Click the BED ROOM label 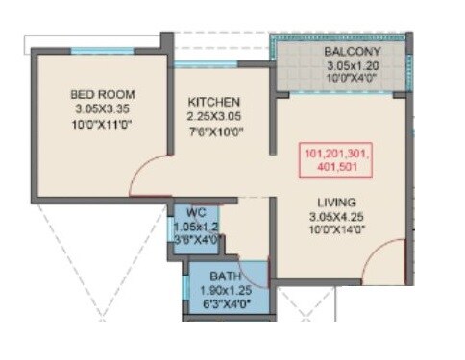pos(103,94)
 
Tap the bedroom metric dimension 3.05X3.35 pos(103,109)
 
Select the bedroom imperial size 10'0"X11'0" pos(103,125)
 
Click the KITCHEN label pos(213,102)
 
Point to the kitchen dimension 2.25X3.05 pos(213,117)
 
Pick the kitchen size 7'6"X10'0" pos(213,132)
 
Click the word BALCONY pos(353,51)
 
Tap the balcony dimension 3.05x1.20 pos(353,65)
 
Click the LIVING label pos(337,203)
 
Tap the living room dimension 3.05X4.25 pos(337,218)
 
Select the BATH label pos(226,276)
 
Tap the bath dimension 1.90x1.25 pos(226,292)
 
